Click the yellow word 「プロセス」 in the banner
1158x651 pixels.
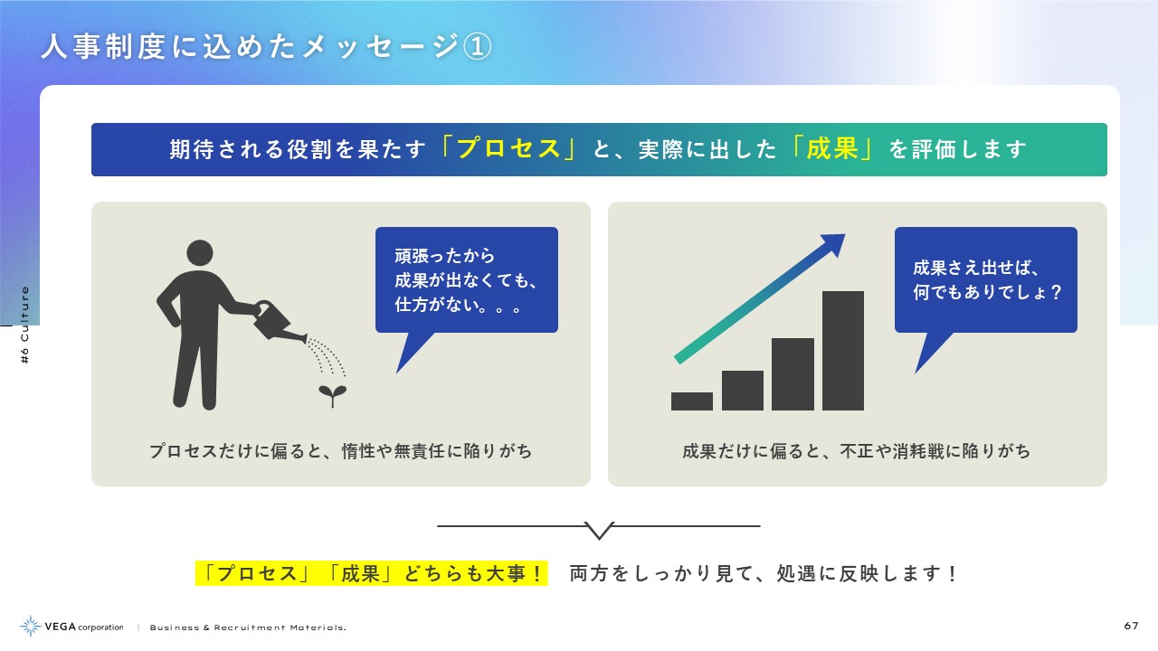(x=508, y=149)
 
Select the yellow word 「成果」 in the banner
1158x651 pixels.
(x=831, y=149)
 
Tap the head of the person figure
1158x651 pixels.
(x=200, y=253)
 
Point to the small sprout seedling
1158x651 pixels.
(x=332, y=396)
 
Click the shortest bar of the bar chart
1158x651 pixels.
(x=692, y=401)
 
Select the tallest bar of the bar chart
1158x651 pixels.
(x=842, y=351)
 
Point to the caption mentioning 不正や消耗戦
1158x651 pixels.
(x=856, y=451)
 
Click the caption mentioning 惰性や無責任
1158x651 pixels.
(x=341, y=451)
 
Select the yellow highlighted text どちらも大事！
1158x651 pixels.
(x=473, y=573)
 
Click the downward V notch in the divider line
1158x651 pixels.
(x=599, y=531)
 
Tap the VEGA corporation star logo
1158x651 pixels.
(x=30, y=627)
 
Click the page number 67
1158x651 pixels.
(x=1131, y=626)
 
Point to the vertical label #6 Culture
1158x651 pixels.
(x=24, y=325)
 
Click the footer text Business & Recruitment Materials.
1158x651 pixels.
(x=248, y=627)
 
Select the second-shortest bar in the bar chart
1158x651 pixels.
(x=743, y=391)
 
